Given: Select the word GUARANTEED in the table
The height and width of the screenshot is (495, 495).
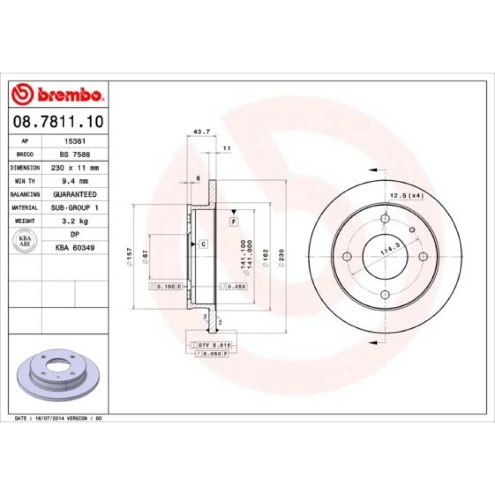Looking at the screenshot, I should (x=75, y=195).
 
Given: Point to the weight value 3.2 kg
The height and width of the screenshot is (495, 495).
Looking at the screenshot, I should (x=75, y=221).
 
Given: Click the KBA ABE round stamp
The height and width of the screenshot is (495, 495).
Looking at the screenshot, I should (x=25, y=241).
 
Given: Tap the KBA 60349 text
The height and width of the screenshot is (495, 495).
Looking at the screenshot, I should (x=75, y=248).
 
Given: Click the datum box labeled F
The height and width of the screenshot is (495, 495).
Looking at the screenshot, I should (x=234, y=222).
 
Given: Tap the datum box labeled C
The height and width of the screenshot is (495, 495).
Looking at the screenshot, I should (x=202, y=244).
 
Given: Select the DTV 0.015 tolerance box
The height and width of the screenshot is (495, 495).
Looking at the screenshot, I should (x=212, y=345).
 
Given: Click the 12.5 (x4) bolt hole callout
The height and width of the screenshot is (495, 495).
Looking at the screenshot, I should (x=406, y=196).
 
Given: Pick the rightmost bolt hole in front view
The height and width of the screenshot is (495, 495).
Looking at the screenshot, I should (x=423, y=257).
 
